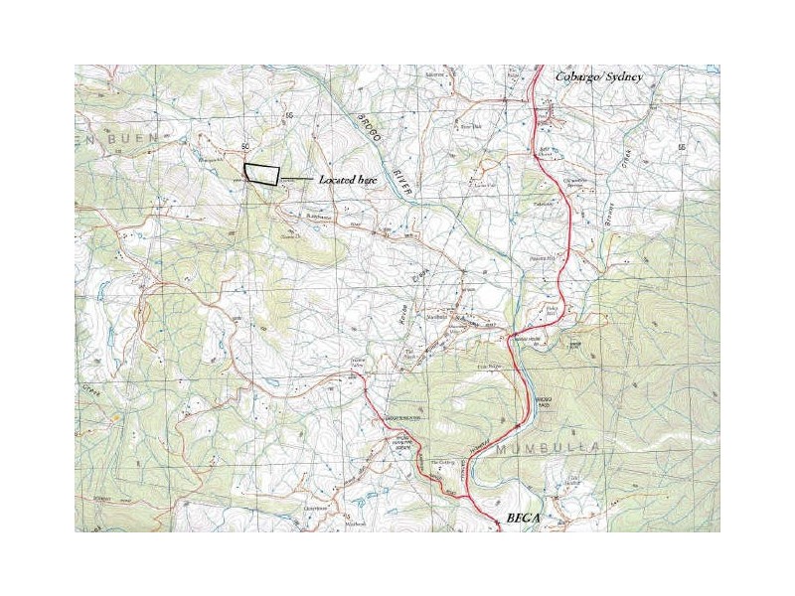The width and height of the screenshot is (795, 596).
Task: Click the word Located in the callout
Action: click(336, 181)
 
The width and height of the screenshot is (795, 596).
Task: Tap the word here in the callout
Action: click(368, 181)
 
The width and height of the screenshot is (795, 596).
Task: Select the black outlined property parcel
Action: click(261, 174)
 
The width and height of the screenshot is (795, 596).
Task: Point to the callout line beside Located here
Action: click(295, 179)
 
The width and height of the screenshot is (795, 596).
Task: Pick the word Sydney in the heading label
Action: click(624, 77)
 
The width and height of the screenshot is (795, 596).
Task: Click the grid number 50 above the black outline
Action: click(244, 147)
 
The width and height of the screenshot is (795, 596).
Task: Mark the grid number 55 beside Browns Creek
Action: click(682, 147)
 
